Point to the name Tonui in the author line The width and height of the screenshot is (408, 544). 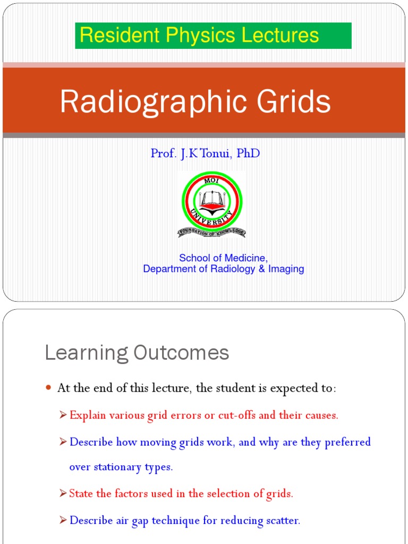[x=216, y=154]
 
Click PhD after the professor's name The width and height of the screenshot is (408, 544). [x=249, y=154]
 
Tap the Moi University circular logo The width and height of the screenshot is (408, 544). [x=211, y=202]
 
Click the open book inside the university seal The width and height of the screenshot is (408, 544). [x=211, y=200]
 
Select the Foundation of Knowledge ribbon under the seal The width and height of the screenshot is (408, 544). [x=211, y=232]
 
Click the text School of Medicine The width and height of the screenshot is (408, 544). [x=223, y=258]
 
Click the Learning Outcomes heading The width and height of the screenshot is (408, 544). [x=137, y=353]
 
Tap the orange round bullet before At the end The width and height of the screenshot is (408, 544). [x=48, y=389]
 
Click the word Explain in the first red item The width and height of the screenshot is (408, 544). [x=88, y=415]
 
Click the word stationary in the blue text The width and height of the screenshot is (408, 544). [x=118, y=467]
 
